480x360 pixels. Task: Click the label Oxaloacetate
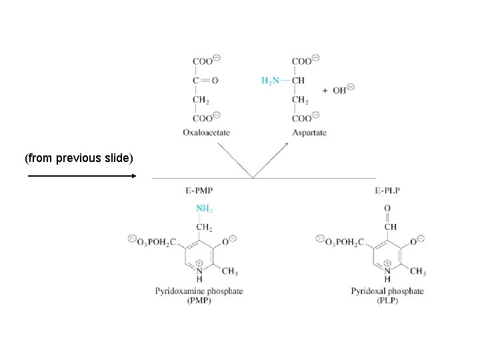click(x=206, y=133)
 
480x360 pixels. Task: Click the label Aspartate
click(x=309, y=133)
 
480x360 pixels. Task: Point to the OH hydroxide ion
click(x=341, y=90)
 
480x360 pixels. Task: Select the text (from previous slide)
click(x=79, y=159)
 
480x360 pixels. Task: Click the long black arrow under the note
click(x=80, y=176)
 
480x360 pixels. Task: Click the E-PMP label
click(x=199, y=191)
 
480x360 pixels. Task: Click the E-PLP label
click(x=387, y=191)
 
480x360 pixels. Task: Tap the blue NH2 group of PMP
click(x=204, y=209)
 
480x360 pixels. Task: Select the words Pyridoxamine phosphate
click(x=199, y=291)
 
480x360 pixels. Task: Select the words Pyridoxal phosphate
click(x=387, y=291)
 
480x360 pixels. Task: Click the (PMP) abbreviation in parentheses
click(x=199, y=300)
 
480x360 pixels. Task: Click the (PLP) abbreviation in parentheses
click(x=387, y=300)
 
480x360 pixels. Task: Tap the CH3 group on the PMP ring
click(x=229, y=272)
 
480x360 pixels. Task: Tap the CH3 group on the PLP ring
click(x=418, y=272)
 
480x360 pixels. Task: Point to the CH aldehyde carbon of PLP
click(x=391, y=227)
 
